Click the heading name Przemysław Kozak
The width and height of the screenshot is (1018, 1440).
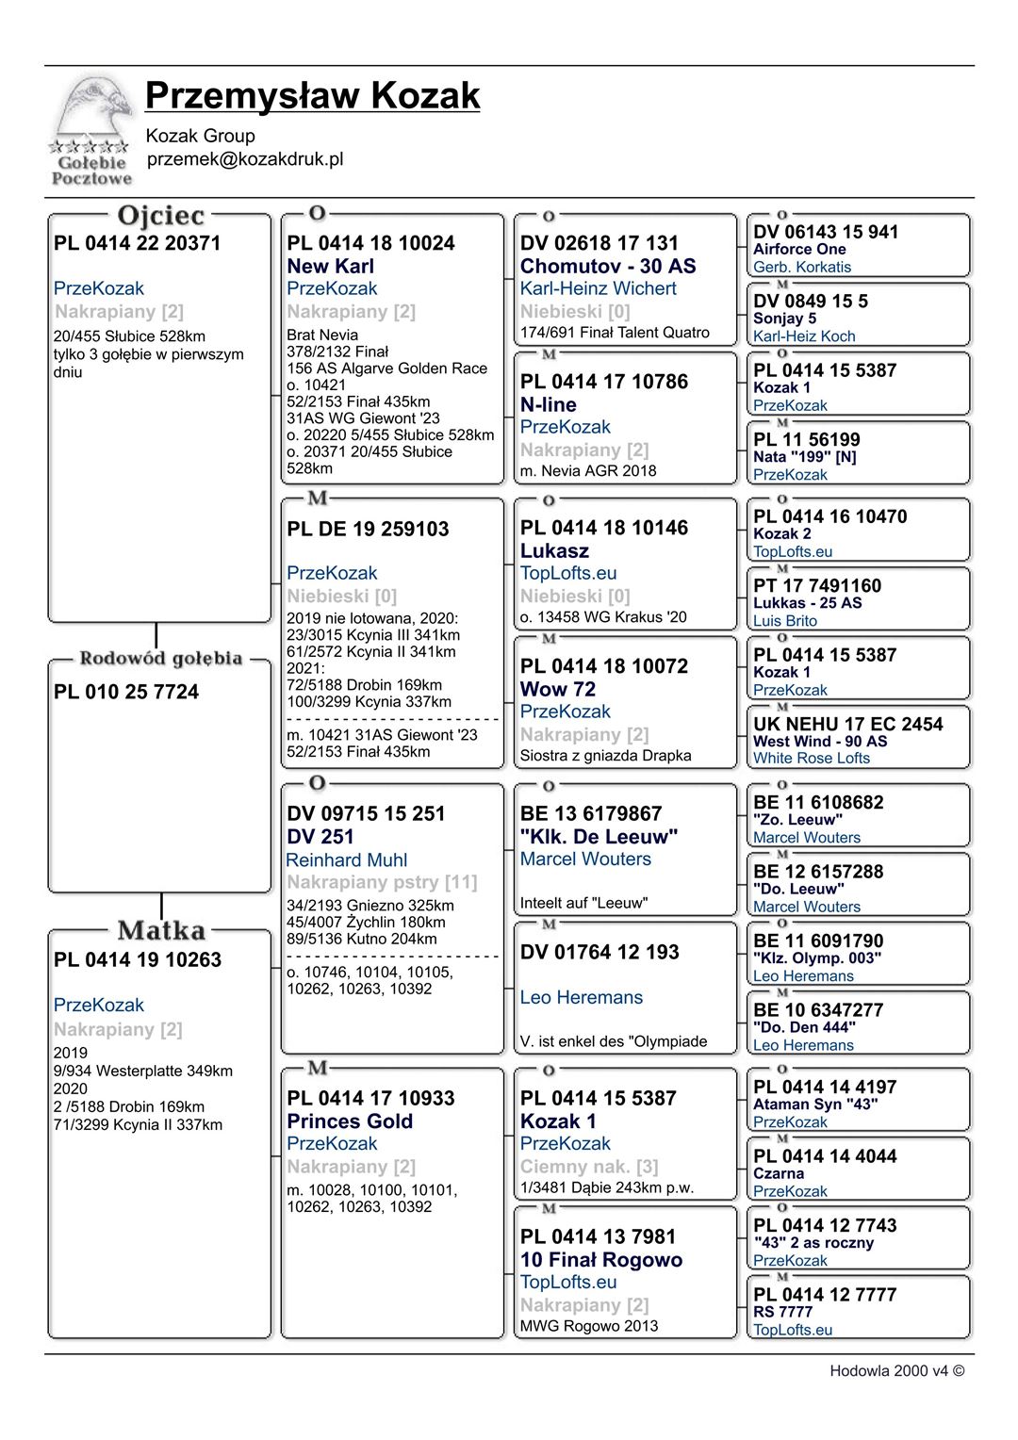[x=312, y=96]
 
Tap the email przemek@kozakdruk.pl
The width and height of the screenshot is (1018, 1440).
[x=245, y=159]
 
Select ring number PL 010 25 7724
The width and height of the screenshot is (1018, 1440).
[x=126, y=693]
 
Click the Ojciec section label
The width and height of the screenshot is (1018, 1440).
[x=160, y=216]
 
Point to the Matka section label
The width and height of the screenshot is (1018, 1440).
[x=161, y=931]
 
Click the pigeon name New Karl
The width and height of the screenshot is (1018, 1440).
[x=330, y=267]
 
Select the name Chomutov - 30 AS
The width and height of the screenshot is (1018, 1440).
[x=608, y=267]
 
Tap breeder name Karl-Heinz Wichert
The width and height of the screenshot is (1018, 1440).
[x=598, y=289]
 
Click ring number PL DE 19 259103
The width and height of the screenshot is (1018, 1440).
[x=368, y=530]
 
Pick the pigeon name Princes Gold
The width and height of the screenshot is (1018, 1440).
[x=350, y=1121]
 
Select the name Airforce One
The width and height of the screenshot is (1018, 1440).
[x=799, y=250]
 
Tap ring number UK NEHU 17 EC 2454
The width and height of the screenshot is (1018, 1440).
[x=847, y=725]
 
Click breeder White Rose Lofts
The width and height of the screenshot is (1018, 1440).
[x=811, y=759]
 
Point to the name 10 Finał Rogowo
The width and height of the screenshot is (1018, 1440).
[x=600, y=1260]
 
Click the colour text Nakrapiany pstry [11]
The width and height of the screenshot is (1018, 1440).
[x=382, y=883]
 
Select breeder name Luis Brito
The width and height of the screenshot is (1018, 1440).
[x=784, y=621]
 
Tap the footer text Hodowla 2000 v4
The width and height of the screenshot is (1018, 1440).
[x=896, y=1371]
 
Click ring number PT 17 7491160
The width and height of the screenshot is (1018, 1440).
[x=817, y=586]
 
